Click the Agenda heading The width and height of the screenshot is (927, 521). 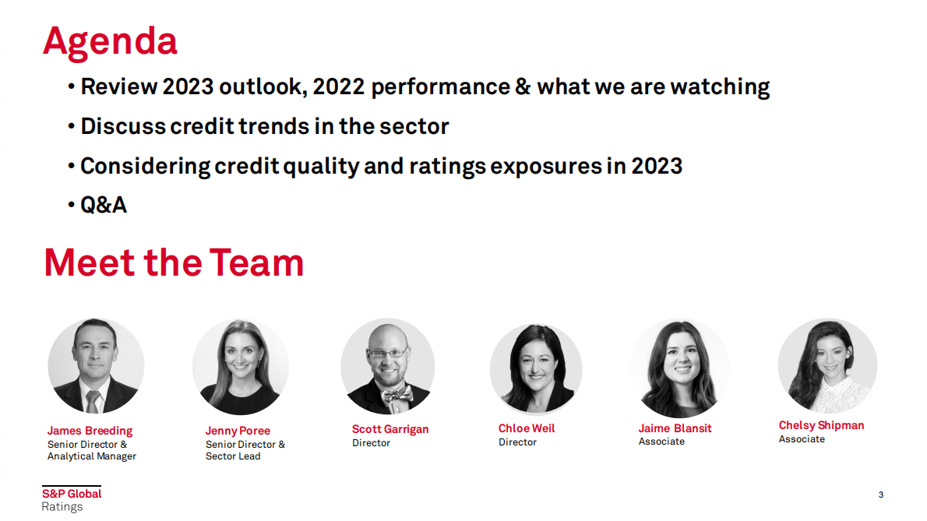click(x=110, y=42)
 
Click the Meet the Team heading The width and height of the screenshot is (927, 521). click(x=174, y=262)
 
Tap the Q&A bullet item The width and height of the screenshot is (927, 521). click(x=104, y=205)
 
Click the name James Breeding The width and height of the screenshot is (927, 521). click(x=90, y=431)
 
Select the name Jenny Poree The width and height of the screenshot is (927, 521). click(x=238, y=431)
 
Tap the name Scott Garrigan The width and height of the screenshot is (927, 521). click(x=390, y=429)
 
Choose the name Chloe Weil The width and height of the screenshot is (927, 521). click(x=527, y=428)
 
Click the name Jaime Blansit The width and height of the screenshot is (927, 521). click(x=675, y=428)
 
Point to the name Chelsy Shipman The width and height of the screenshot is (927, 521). click(x=821, y=425)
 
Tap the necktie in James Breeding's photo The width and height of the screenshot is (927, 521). click(x=92, y=402)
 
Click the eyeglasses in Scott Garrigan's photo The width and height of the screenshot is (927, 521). click(x=388, y=354)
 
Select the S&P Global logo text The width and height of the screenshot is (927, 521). click(x=72, y=494)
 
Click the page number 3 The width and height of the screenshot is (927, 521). click(x=881, y=495)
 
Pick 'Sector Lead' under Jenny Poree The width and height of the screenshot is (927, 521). click(x=233, y=456)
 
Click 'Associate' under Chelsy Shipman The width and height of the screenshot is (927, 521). click(x=802, y=439)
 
